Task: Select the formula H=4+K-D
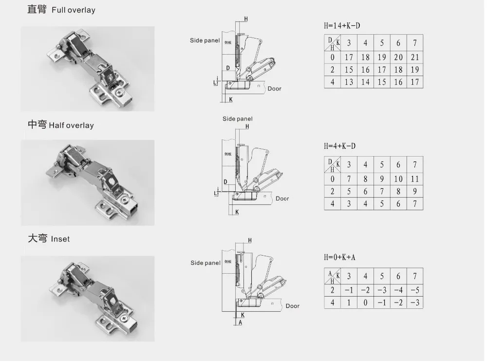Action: point(340,146)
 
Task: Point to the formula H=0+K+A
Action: point(339,257)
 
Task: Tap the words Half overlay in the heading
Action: point(71,125)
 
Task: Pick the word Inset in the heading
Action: point(60,239)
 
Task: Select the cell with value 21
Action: point(414,57)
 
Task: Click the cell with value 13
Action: point(349,82)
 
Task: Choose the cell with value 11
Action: point(414,179)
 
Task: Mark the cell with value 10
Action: point(398,179)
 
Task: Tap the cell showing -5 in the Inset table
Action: point(414,290)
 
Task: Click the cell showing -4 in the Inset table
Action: point(398,290)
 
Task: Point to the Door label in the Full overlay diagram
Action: point(274,89)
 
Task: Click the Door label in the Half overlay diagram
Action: point(282,199)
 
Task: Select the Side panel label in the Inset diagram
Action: point(205,263)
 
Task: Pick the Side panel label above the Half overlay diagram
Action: point(238,119)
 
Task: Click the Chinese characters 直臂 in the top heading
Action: point(37,9)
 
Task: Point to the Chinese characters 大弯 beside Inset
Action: point(37,239)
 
